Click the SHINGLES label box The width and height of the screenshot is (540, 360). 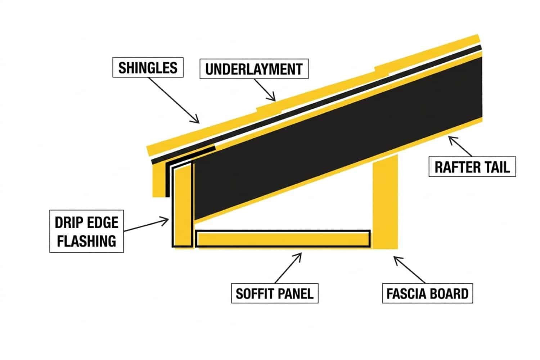click(x=148, y=68)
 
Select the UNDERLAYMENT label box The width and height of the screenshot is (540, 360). click(x=254, y=69)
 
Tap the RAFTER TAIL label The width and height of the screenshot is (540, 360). click(x=472, y=167)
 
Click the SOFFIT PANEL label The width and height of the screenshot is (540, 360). click(x=274, y=293)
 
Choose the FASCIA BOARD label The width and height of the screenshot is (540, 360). click(x=427, y=293)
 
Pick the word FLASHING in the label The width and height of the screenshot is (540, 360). click(x=87, y=241)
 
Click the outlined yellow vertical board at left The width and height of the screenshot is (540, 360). click(x=183, y=207)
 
